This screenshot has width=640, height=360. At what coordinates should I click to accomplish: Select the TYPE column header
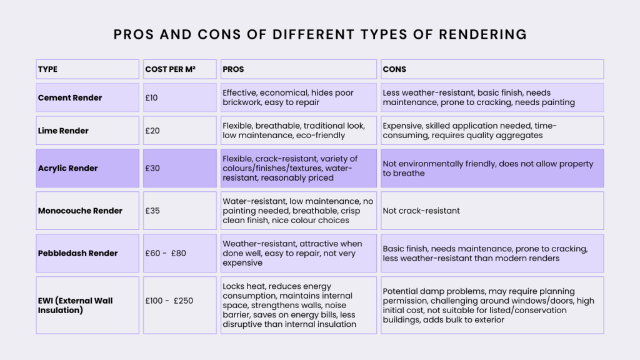(47, 69)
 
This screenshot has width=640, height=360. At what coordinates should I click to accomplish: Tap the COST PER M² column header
(170, 69)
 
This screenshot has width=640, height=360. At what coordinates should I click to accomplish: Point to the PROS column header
(233, 69)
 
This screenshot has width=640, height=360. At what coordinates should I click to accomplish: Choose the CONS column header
(394, 69)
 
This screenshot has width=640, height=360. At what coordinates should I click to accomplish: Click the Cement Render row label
(70, 98)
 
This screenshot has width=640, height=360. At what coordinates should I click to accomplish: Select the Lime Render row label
(63, 131)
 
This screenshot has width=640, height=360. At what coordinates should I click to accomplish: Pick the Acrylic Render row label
(67, 168)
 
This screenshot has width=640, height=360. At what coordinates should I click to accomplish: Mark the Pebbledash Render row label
(77, 253)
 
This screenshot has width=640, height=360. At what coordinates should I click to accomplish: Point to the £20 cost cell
(152, 131)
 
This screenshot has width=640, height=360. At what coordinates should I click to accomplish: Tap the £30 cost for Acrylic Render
(152, 168)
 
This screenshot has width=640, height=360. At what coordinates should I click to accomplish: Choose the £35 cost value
(152, 211)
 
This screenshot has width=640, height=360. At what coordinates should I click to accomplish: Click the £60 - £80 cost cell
(166, 253)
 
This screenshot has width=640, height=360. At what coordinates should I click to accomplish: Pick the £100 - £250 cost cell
(169, 301)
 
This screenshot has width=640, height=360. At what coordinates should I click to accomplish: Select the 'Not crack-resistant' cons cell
(421, 211)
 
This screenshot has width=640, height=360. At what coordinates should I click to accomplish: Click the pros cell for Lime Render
(298, 131)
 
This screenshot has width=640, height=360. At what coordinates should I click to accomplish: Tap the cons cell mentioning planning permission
(492, 305)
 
